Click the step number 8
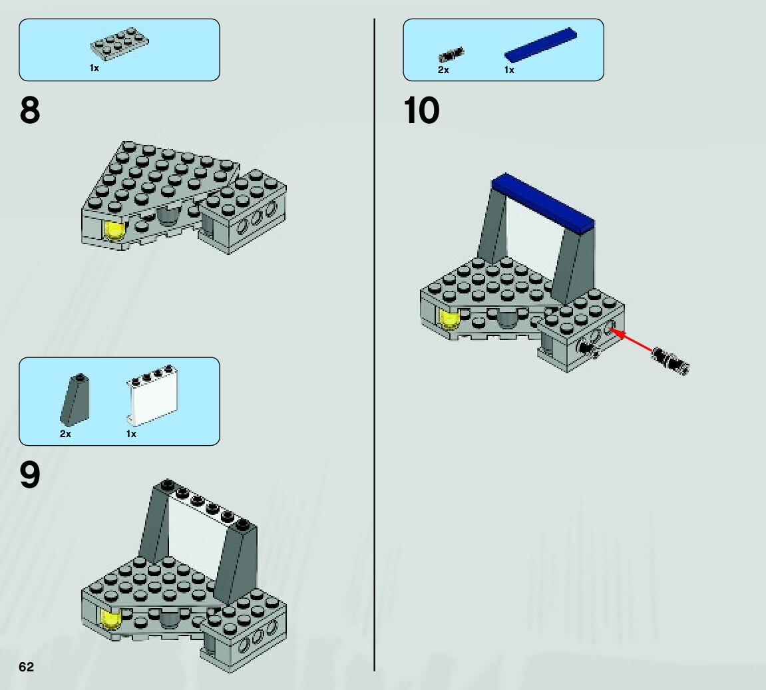point(30,111)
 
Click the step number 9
point(30,475)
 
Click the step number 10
point(421,111)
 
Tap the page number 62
point(26,667)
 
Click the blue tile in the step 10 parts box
point(540,45)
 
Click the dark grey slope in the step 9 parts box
point(75,399)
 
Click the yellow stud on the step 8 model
point(114,230)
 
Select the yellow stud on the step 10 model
point(450,319)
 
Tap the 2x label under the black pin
point(443,70)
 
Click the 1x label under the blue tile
point(509,70)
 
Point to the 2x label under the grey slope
point(65,434)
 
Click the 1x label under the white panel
point(131,434)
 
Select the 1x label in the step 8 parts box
point(95,68)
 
